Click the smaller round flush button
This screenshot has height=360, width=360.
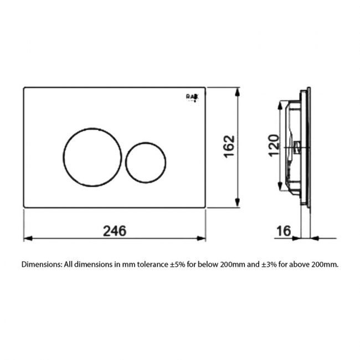click(x=145, y=161)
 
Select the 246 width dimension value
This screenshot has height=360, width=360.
click(x=115, y=230)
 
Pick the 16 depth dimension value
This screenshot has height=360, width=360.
click(x=283, y=230)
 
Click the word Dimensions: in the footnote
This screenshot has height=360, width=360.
click(x=42, y=264)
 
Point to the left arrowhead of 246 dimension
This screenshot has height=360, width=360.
click(x=27, y=239)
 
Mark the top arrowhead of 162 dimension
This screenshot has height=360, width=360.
click(x=238, y=90)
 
